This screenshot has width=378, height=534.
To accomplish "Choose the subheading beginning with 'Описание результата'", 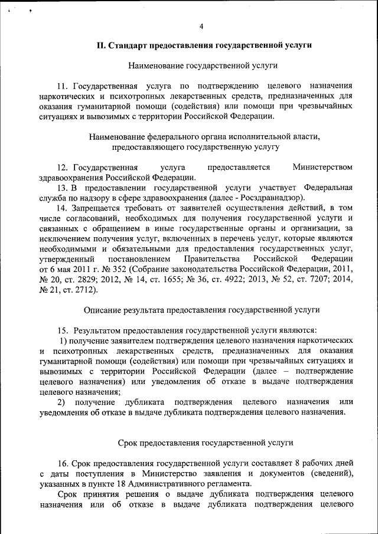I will pos(201,309).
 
